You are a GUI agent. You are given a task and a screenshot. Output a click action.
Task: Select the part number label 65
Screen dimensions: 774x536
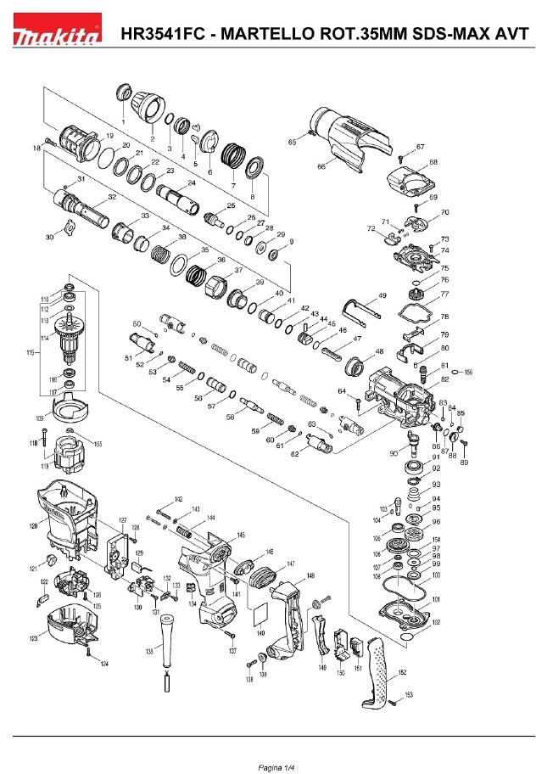click(x=292, y=143)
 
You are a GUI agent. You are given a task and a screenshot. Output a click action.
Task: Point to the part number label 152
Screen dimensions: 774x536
click(x=402, y=672)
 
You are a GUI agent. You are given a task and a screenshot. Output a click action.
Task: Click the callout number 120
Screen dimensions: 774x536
click(x=33, y=526)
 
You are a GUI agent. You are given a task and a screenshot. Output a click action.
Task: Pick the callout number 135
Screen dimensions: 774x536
click(x=149, y=651)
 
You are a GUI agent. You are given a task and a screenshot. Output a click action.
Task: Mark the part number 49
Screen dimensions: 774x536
click(x=382, y=294)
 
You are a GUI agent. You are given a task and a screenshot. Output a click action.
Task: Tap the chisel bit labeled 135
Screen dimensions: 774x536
click(x=165, y=645)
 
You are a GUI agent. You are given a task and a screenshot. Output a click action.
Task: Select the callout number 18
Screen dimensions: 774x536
click(x=36, y=149)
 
